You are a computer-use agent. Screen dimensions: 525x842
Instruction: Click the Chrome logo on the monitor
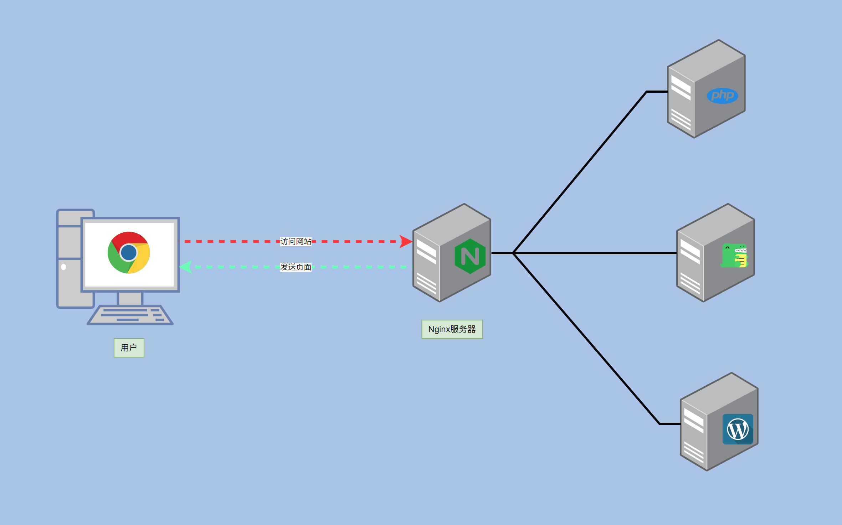(x=129, y=253)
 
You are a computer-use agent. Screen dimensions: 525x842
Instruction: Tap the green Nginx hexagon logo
(x=470, y=256)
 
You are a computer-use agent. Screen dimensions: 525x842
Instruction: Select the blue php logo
(x=722, y=96)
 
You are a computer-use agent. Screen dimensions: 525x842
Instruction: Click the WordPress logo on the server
(x=738, y=429)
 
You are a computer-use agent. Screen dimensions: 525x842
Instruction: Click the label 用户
(x=129, y=348)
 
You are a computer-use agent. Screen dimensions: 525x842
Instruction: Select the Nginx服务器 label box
(x=452, y=329)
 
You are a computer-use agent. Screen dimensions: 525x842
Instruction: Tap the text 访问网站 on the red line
(x=296, y=241)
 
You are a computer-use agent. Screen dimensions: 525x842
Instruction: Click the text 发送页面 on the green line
(x=296, y=267)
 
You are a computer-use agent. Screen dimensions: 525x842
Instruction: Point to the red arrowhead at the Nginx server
(x=405, y=241)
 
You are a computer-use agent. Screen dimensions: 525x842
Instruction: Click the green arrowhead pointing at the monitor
(x=186, y=267)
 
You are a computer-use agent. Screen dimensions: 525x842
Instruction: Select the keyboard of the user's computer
(x=130, y=315)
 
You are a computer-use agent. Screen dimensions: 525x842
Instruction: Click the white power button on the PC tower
(x=63, y=267)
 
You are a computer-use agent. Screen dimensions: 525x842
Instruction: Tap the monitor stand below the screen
(x=130, y=298)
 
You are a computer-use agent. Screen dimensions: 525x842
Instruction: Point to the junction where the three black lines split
(x=513, y=253)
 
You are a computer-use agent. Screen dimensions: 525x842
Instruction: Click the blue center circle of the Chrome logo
(x=129, y=253)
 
